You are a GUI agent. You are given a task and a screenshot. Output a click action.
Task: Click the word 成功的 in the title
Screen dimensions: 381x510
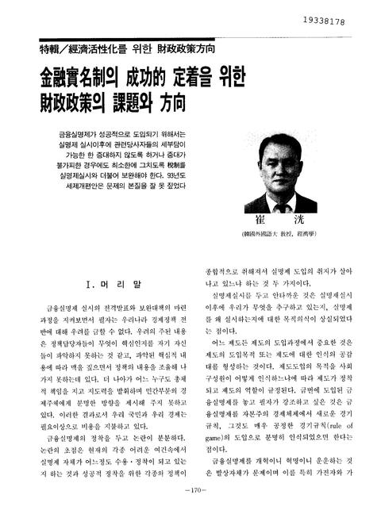[148, 79]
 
